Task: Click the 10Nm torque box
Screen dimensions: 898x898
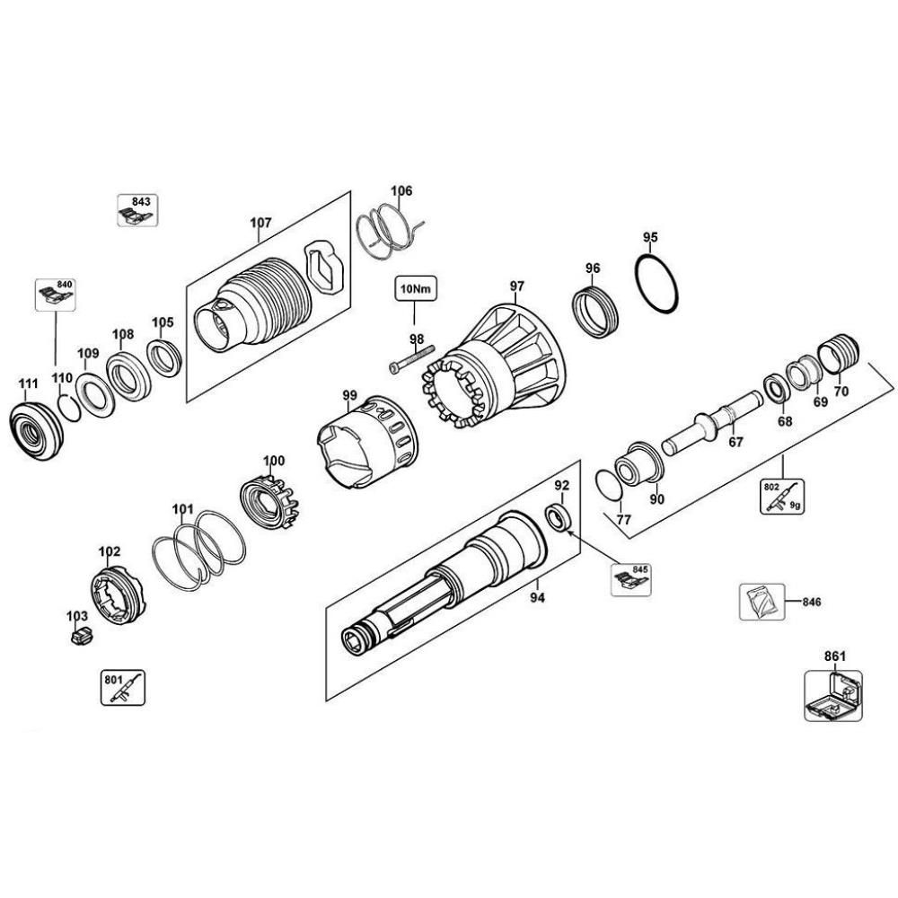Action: (x=413, y=291)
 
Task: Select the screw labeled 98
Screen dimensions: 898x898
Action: (x=412, y=360)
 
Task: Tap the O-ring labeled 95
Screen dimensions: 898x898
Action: (x=657, y=285)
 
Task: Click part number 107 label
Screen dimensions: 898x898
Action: (x=260, y=223)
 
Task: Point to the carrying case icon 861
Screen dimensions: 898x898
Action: (x=832, y=697)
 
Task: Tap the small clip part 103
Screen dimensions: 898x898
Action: (x=80, y=638)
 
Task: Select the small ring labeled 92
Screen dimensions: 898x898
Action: (x=559, y=517)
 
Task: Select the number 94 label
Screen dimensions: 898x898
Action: (x=536, y=595)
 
